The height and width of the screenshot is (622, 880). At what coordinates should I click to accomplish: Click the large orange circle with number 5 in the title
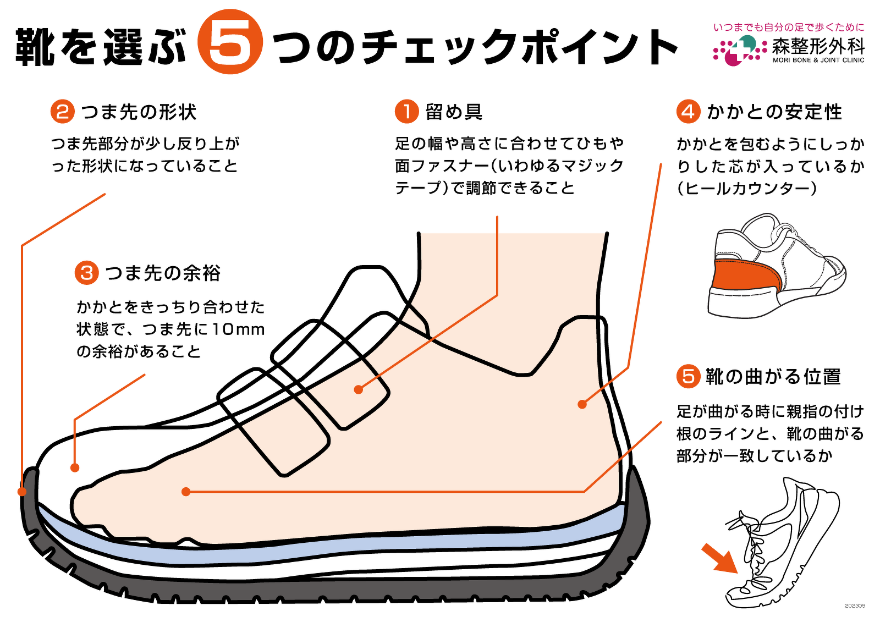[x=230, y=42]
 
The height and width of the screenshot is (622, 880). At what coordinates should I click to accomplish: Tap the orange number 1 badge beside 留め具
[x=406, y=112]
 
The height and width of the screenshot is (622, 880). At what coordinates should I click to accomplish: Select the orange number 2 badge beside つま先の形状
[x=62, y=112]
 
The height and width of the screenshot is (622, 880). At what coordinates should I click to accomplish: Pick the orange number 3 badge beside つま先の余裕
[x=86, y=273]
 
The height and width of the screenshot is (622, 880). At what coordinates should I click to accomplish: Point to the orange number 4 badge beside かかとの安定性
[x=687, y=112]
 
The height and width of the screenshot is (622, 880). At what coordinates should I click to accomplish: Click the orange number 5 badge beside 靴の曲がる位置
[x=687, y=377]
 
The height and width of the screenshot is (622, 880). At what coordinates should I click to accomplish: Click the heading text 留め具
[x=454, y=112]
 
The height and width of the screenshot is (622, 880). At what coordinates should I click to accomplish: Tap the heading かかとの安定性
[x=774, y=112]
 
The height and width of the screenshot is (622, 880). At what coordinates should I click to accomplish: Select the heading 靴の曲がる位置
[x=773, y=377]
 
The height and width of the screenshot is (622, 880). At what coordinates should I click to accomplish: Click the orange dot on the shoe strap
[x=359, y=389]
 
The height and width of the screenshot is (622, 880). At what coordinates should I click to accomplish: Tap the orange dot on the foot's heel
[x=582, y=404]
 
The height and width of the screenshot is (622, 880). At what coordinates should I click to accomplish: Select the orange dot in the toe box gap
[x=75, y=468]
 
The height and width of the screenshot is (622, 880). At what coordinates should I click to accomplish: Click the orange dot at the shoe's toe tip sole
[x=22, y=491]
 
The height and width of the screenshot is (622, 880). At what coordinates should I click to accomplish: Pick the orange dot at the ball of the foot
[x=186, y=492]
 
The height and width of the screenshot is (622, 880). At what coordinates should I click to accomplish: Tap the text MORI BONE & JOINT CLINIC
[x=818, y=60]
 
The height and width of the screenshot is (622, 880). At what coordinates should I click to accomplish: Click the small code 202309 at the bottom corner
[x=855, y=606]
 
